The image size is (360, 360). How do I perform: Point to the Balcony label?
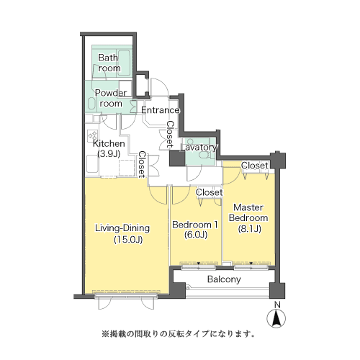[224, 279]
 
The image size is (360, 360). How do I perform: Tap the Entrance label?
[161, 110]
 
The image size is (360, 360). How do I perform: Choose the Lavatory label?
[199, 148]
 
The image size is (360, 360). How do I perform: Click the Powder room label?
[111, 98]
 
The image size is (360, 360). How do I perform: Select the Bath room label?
[109, 63]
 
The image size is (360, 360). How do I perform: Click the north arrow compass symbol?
[276, 319]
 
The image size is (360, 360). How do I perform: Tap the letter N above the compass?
[277, 305]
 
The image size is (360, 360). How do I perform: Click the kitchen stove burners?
[92, 135]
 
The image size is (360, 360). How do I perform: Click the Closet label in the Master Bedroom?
[255, 166]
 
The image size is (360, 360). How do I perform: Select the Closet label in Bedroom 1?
[210, 192]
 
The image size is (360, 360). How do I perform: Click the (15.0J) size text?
[128, 239]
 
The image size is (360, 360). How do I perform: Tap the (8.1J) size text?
[249, 228]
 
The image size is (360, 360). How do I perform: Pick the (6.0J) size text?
[196, 235]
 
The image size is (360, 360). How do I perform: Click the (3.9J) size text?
[109, 153]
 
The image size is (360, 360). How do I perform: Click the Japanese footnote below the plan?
[178, 334]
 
